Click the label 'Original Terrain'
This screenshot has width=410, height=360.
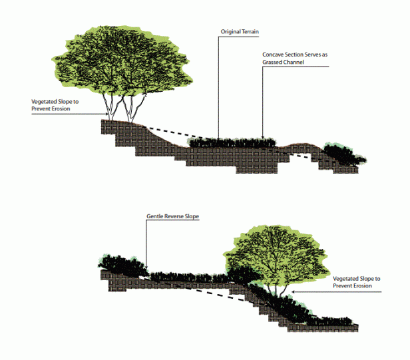click(x=240, y=32)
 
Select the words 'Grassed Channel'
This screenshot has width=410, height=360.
click(x=283, y=63)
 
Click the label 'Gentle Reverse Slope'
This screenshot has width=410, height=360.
click(x=172, y=216)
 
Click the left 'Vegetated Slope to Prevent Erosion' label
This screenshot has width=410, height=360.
click(x=55, y=105)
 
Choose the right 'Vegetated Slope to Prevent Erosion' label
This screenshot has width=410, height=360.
click(x=356, y=282)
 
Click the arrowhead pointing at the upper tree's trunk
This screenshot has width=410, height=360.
click(x=106, y=114)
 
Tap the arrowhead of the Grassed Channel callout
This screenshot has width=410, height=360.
click(x=262, y=136)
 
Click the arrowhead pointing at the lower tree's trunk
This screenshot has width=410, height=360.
click(x=293, y=291)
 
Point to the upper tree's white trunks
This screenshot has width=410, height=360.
click(x=123, y=107)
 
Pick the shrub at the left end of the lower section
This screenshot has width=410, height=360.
click(x=122, y=266)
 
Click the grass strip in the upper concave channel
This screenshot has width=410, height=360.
click(x=232, y=143)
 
